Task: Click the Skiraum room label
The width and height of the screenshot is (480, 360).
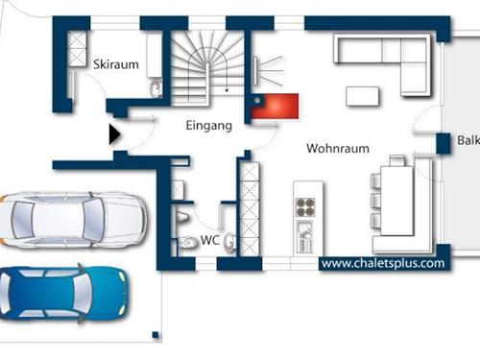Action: (x=116, y=64)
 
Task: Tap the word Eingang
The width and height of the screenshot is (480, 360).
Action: (x=209, y=126)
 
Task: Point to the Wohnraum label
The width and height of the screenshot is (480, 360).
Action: (x=338, y=149)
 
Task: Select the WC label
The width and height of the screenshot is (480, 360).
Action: (x=210, y=240)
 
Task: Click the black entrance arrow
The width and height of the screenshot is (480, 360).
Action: (x=114, y=134)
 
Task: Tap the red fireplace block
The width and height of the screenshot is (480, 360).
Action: (x=275, y=107)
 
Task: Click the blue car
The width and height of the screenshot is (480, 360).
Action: (x=64, y=294)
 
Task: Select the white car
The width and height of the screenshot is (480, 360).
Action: (x=73, y=220)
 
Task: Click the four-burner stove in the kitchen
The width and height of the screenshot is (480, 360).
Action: (x=305, y=207)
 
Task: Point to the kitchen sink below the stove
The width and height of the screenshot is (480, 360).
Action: (x=305, y=236)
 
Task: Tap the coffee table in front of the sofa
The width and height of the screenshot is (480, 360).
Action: (x=363, y=96)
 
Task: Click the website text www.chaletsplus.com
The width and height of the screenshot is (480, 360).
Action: (x=383, y=263)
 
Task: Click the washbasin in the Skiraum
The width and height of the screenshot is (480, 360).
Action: (x=156, y=88)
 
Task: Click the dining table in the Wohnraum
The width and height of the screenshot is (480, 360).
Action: (x=397, y=201)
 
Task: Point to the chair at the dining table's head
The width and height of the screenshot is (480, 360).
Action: (x=397, y=160)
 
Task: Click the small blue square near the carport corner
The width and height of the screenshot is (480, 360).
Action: (x=156, y=335)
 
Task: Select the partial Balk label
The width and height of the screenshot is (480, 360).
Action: (x=468, y=140)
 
